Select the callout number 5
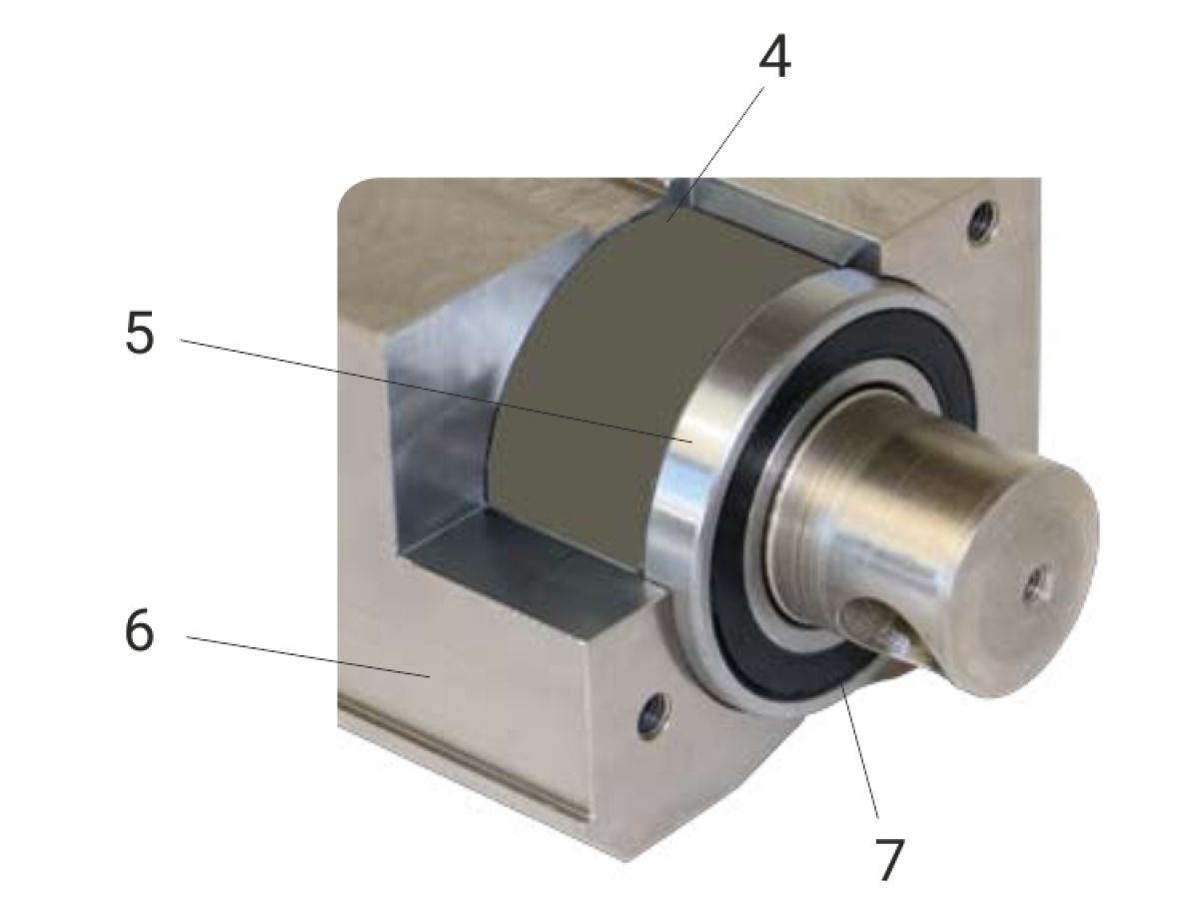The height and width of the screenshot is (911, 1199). click(140, 333)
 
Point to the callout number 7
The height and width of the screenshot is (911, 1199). click(889, 860)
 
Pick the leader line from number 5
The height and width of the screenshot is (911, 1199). click(437, 391)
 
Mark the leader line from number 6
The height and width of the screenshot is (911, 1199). click(308, 656)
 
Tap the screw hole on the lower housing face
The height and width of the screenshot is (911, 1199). click(654, 715)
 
